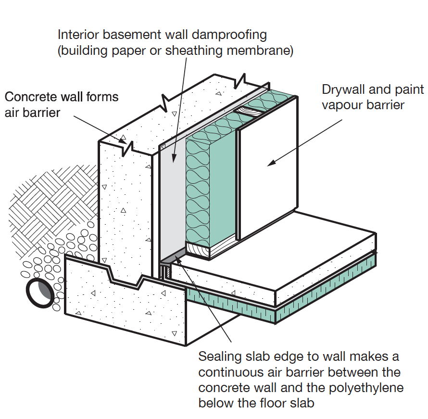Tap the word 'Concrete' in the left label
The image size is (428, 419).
pyautogui.click(x=29, y=97)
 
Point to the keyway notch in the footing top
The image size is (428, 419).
pyautogui.click(x=126, y=279)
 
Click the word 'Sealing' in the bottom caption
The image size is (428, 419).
pyautogui.click(x=218, y=357)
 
